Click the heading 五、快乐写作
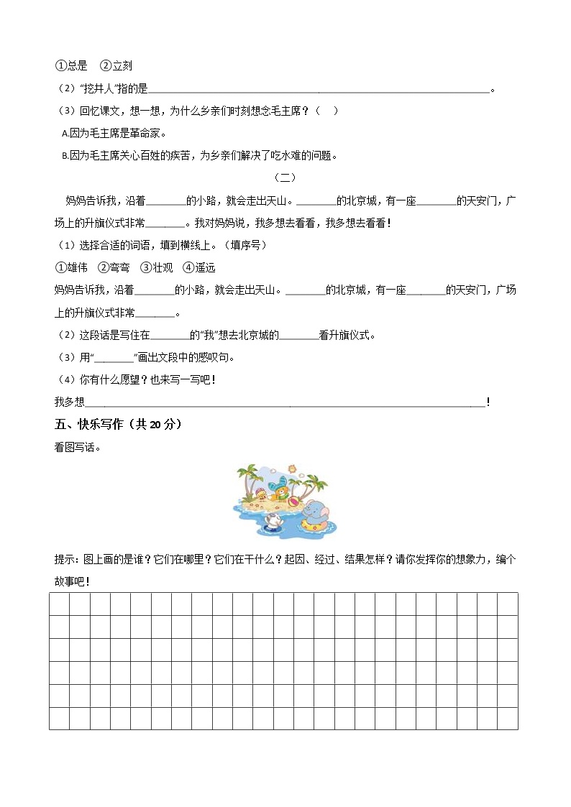coord(118,424)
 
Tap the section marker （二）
coord(285,177)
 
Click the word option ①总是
coord(72,66)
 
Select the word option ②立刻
coord(116,66)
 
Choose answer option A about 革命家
coord(114,133)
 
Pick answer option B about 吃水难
coord(199,155)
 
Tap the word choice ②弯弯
coord(114,268)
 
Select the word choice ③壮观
coord(157,268)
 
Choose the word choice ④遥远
coord(199,268)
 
